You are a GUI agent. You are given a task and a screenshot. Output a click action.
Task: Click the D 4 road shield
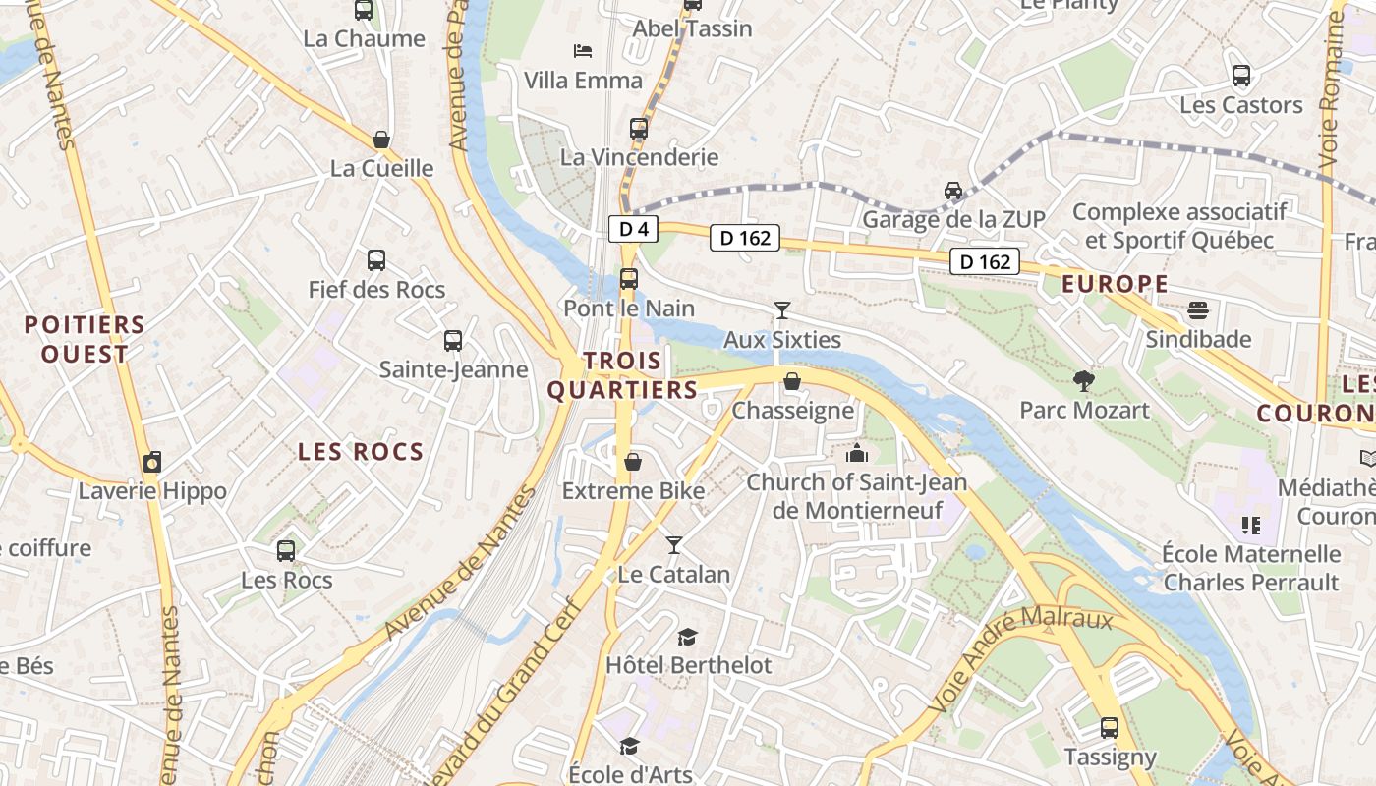[633, 230]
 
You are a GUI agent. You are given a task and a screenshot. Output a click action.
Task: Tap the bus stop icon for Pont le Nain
[629, 279]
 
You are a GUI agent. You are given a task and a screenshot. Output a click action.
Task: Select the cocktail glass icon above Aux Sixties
[782, 310]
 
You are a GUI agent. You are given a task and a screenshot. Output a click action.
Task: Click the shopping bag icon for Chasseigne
[792, 381]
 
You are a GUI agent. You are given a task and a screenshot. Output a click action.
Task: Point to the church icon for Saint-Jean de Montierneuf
[857, 453]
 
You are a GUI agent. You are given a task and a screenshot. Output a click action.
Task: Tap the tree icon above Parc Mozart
[1084, 380]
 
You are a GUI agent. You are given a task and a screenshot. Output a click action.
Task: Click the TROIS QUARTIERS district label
[622, 375]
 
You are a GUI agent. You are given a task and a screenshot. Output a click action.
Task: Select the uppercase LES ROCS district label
[361, 452]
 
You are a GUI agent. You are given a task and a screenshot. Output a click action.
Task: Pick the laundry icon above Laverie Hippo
[152, 462]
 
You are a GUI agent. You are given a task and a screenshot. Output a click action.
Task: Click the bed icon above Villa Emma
[583, 51]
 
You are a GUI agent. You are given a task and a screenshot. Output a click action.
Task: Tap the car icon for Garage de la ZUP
[952, 190]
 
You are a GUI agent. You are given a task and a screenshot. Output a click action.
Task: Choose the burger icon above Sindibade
[1198, 310]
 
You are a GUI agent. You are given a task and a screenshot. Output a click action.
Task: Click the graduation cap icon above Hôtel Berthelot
[688, 637]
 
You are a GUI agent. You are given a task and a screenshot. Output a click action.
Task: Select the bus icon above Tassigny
[1110, 728]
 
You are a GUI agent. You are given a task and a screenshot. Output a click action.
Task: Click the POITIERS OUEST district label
[85, 339]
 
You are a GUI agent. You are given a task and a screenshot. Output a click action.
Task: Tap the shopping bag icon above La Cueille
[381, 140]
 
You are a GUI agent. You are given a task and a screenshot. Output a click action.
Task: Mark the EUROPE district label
[1116, 285]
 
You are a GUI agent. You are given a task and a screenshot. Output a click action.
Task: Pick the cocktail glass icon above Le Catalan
[674, 544]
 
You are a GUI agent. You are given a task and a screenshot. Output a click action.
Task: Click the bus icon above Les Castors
[1241, 76]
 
